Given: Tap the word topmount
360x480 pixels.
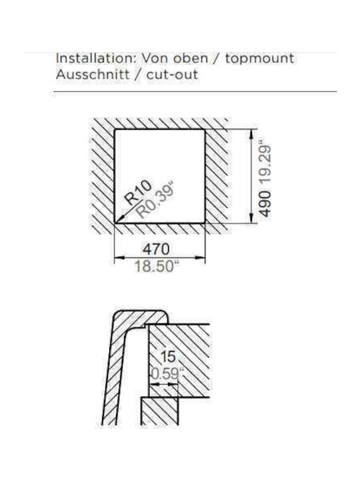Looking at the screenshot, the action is [x=260, y=59].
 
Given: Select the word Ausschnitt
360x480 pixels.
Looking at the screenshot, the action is [x=93, y=75].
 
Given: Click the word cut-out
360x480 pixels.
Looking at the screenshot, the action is [x=172, y=75].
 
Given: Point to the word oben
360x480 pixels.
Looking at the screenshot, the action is [x=191, y=58].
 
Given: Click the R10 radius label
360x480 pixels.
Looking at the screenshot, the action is [x=139, y=193].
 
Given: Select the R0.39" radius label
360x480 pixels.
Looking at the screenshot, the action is [x=154, y=199].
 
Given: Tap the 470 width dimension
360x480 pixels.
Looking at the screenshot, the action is [x=156, y=249].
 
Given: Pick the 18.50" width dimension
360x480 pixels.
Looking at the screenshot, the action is [x=157, y=266].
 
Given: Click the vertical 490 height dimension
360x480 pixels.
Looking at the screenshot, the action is [x=265, y=204].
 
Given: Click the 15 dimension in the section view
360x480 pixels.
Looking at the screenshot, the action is [x=168, y=357].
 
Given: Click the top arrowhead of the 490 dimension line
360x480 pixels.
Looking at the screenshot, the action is [x=251, y=134].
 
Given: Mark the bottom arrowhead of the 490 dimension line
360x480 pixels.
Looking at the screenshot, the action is [x=251, y=219].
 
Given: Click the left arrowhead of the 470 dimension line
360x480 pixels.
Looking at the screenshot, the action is [x=119, y=257].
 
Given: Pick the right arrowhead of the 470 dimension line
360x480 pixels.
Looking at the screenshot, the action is [x=200, y=257].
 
